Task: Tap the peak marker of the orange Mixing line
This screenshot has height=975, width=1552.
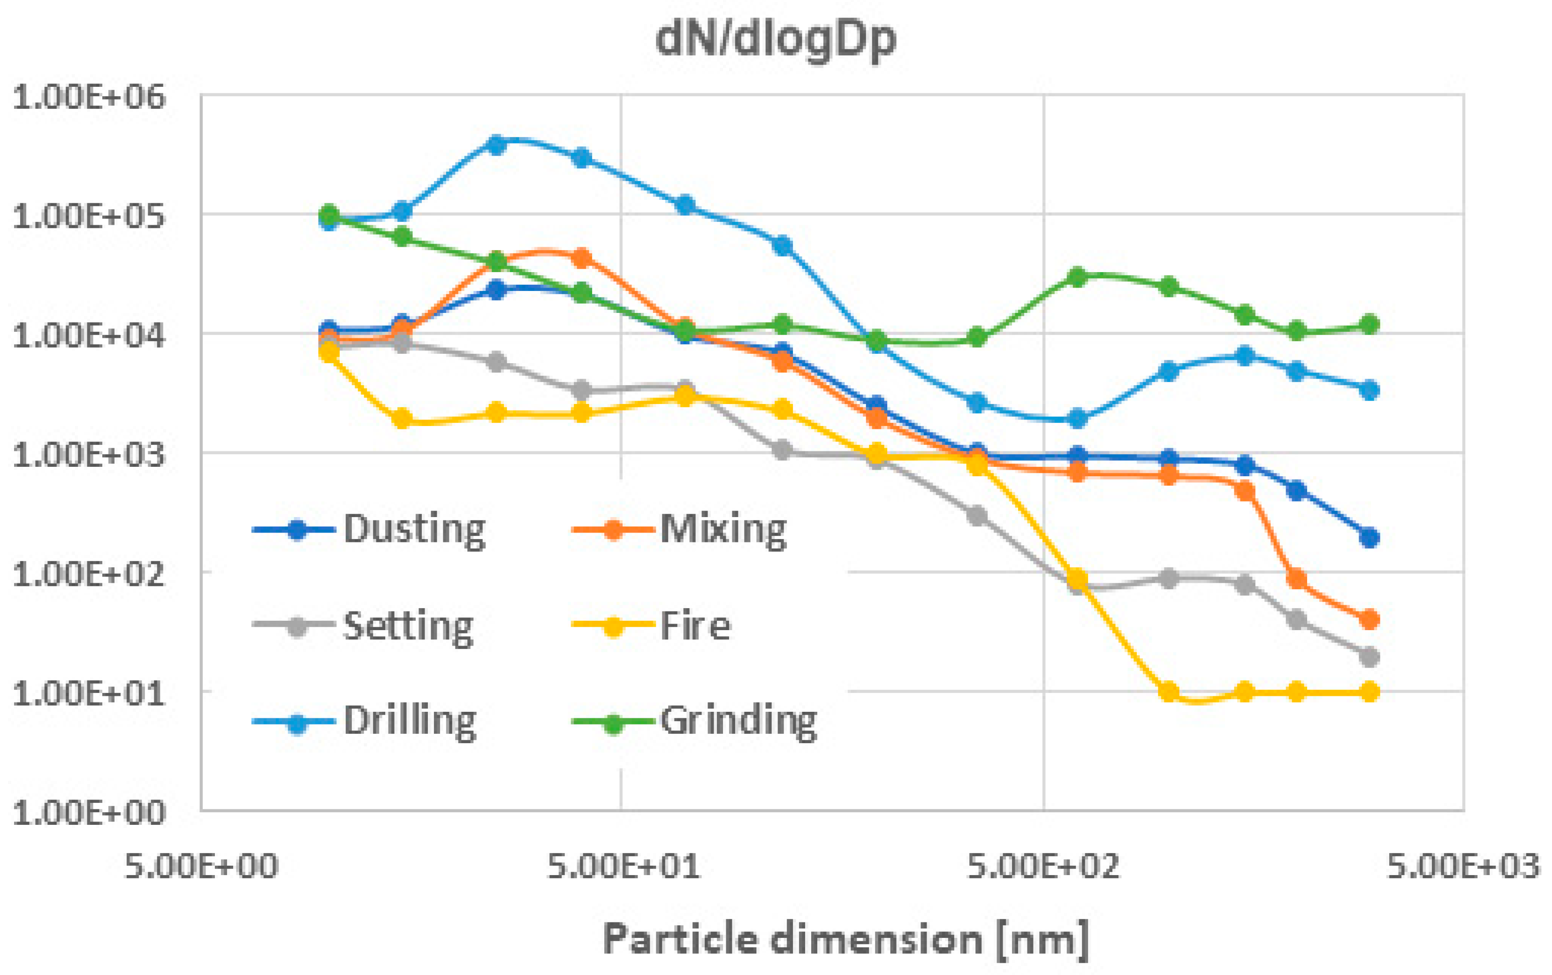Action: tap(582, 258)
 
